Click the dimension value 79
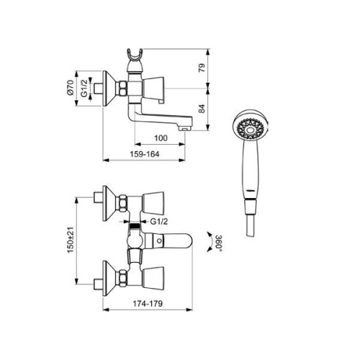202,68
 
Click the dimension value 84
202,109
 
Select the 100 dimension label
161,138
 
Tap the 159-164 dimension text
145,154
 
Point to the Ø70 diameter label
70,89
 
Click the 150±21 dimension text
71,240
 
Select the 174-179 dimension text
148,304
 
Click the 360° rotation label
219,243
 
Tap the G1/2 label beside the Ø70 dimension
84,89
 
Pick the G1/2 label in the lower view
159,222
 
